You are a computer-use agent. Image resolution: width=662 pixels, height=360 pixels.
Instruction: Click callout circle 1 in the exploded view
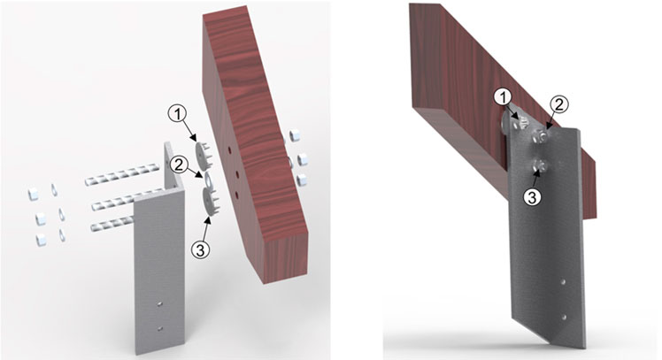point(177,113)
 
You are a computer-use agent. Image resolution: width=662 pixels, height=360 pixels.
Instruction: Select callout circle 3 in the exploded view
point(200,249)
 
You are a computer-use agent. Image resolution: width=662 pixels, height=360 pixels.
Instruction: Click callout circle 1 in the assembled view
point(503,98)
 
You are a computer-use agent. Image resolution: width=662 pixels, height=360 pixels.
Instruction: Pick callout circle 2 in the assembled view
point(558,105)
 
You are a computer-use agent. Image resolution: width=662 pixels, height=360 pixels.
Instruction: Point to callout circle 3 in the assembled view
point(533,197)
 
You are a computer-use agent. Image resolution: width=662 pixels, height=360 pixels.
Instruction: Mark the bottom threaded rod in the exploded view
point(112,223)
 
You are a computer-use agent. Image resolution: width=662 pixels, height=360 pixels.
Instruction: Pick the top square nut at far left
point(34,194)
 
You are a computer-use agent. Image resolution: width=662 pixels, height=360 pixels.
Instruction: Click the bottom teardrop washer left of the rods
point(62,235)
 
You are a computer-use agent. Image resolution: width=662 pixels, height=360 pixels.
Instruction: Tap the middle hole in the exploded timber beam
point(237,174)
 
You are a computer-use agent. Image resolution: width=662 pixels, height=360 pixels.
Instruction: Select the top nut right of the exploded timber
point(294,136)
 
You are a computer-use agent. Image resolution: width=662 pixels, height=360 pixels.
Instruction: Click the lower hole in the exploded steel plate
point(159,328)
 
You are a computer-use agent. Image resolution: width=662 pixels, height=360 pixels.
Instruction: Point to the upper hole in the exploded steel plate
point(159,303)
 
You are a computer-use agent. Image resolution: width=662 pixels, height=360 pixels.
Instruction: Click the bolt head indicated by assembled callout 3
point(539,165)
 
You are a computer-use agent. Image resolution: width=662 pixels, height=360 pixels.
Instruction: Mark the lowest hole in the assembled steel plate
point(565,316)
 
